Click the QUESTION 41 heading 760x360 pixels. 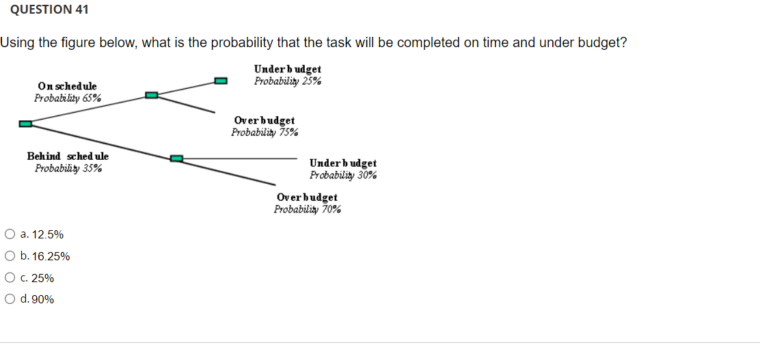[44, 10]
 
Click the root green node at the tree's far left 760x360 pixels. [25, 124]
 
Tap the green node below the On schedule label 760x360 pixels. [152, 95]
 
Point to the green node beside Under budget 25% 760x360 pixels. [220, 81]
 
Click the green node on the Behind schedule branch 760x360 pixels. [176, 158]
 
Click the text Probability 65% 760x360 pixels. [68, 98]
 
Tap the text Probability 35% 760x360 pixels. [68, 168]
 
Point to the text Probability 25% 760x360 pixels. [288, 81]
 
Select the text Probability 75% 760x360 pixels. [264, 132]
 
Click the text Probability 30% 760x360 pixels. [342, 175]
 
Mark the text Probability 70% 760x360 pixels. [308, 209]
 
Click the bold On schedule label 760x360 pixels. [67, 86]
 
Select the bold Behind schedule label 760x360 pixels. [68, 156]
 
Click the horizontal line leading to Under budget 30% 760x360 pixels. [239, 158]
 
